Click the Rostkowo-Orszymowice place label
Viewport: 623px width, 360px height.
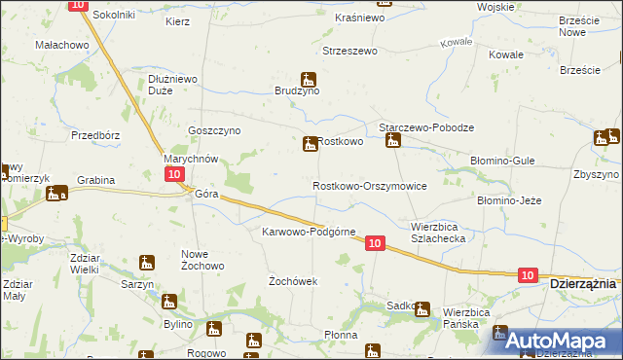369,186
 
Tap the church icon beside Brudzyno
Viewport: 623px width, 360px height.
309,79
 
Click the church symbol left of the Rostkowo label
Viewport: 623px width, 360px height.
310,143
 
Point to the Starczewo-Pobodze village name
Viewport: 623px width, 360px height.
425,127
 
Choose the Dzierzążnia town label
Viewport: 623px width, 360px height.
582,283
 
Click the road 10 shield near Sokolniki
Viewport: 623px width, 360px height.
79,5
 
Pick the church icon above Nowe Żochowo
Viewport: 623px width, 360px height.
147,262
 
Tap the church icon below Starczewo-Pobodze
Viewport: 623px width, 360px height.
392,142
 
